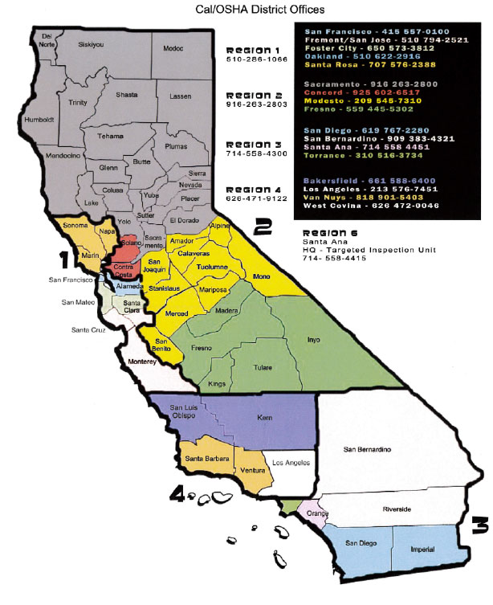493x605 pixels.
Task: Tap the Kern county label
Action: point(266,419)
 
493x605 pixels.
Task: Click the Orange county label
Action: point(311,513)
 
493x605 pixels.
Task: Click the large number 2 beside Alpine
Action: point(262,228)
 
